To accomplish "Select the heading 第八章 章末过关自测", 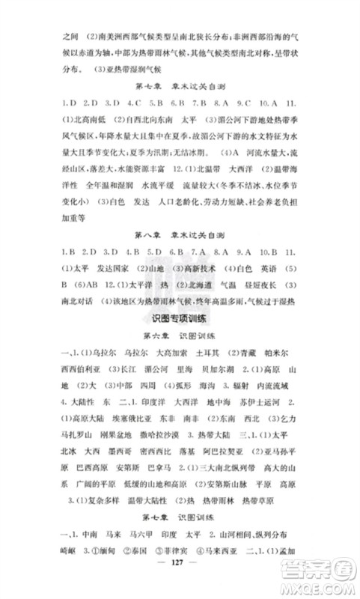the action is [x=180, y=235].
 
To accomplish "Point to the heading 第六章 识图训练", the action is [x=180, y=338].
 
